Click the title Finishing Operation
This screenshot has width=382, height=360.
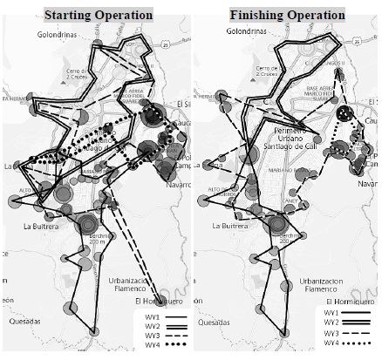pos(287,15)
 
